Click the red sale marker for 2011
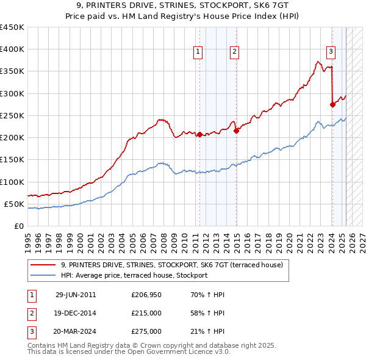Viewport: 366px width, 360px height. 199,135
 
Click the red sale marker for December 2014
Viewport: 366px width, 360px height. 236,131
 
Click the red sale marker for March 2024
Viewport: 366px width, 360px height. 332,104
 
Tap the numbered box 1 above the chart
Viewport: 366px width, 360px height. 198,52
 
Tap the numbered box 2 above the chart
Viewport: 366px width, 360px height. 234,52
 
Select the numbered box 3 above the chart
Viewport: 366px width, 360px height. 330,52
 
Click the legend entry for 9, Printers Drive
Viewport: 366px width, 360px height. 173,265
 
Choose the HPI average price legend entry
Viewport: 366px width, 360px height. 134,275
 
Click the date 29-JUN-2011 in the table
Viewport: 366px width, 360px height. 76,295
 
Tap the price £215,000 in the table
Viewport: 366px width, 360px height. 146,313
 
